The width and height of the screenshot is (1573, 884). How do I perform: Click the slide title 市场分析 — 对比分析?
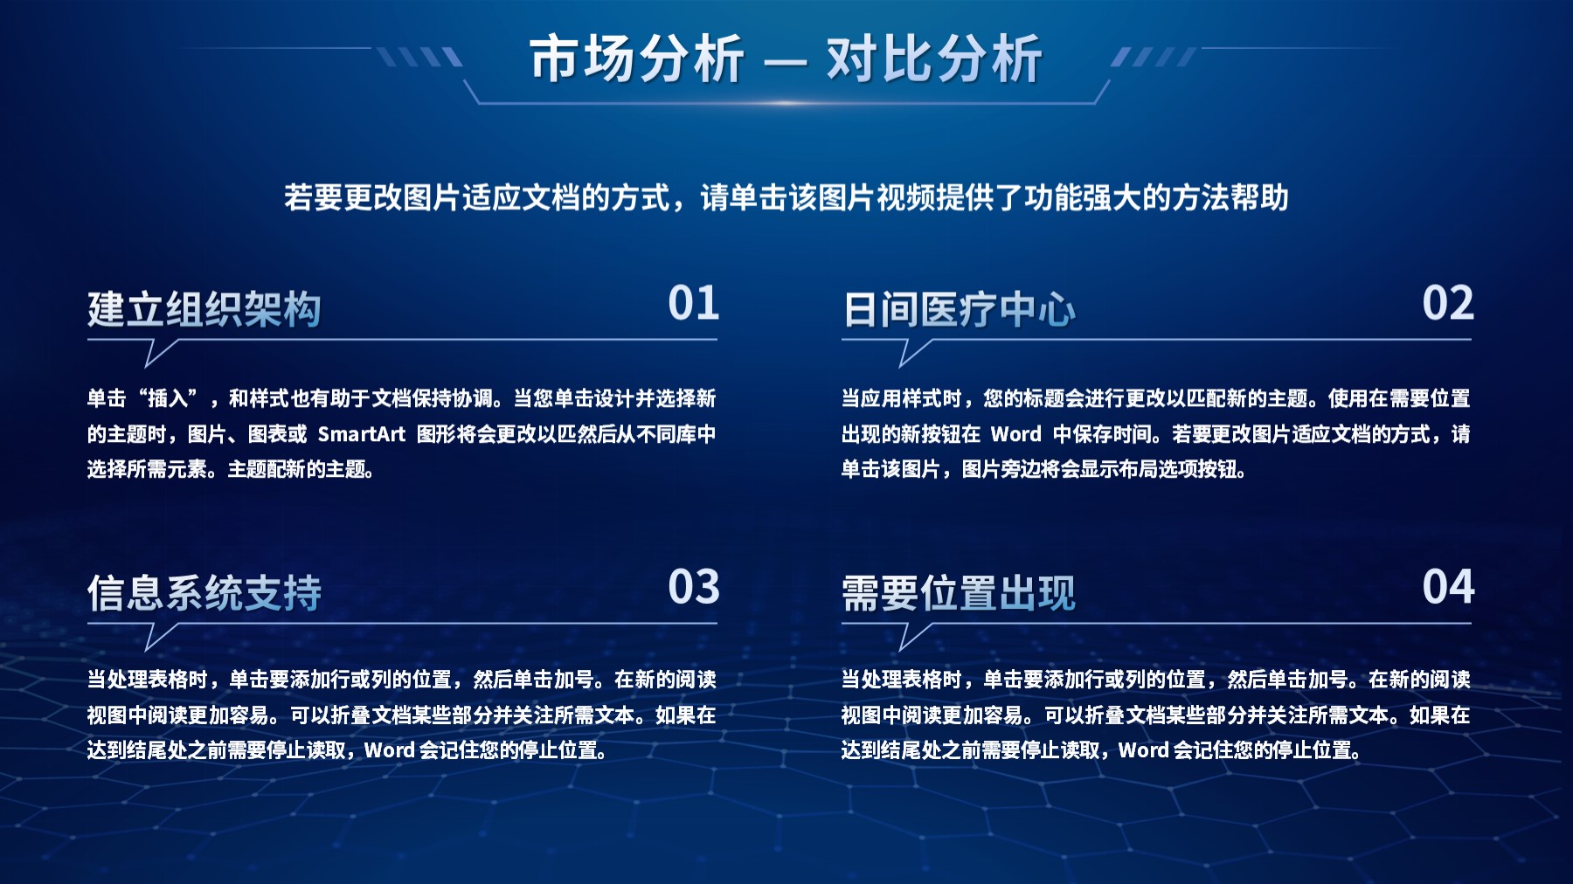pos(785,59)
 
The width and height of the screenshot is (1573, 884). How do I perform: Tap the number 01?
pos(693,303)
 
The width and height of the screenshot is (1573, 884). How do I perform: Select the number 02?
pos(1447,303)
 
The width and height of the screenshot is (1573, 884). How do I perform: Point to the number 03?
pos(693,587)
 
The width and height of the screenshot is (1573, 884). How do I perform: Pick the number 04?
pos(1447,587)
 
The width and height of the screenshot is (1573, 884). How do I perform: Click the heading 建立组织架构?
pos(204,309)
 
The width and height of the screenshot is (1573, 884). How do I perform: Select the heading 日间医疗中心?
pos(959,309)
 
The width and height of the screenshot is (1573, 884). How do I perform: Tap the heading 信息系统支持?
pos(204,593)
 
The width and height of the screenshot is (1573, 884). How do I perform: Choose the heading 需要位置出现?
pos(959,593)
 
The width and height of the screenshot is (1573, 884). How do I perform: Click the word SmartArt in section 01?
pos(361,434)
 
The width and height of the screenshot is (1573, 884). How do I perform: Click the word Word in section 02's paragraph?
pos(1015,434)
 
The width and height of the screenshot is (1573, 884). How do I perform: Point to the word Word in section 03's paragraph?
pos(389,750)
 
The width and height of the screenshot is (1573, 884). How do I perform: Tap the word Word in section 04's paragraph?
pos(1143,750)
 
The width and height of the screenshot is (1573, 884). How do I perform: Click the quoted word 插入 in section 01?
pos(168,398)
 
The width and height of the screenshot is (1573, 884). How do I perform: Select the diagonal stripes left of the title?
pos(419,58)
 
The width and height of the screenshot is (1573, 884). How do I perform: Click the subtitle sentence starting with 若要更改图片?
pos(786,197)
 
